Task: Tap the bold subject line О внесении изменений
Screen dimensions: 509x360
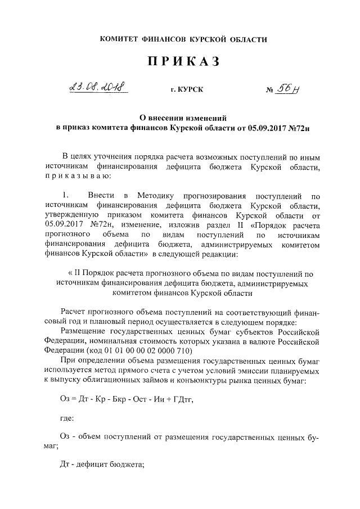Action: click(183, 118)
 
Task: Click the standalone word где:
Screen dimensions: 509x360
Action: click(66, 418)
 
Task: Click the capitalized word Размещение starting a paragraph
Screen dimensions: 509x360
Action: click(83, 330)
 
